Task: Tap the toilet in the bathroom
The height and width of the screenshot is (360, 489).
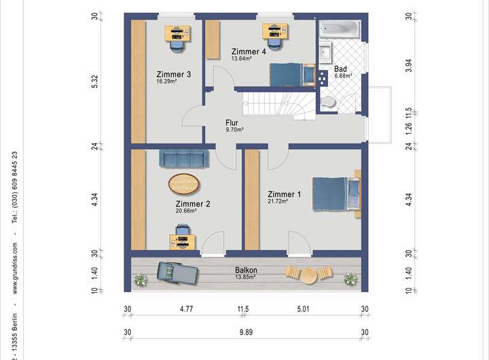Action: click(328, 102)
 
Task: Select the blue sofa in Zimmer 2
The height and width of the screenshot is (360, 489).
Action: click(184, 159)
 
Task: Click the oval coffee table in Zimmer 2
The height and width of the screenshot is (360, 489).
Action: click(183, 184)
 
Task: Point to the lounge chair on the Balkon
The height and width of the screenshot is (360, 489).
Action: click(177, 273)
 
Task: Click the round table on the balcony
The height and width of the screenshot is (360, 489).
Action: click(309, 276)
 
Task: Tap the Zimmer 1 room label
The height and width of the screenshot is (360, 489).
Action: click(284, 194)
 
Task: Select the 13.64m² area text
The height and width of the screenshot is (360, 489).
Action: click(241, 58)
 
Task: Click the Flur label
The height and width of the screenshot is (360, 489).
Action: click(232, 122)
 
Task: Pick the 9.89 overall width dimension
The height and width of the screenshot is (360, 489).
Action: click(246, 332)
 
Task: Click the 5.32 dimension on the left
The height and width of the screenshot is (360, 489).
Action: click(95, 82)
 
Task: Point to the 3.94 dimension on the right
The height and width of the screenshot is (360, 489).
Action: click(409, 66)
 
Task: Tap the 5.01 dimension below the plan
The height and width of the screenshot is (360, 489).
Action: click(303, 309)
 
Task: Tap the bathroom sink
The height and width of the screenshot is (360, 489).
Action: click(325, 52)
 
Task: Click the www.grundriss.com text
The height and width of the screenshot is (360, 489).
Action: click(15, 268)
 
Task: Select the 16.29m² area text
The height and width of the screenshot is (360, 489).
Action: click(166, 81)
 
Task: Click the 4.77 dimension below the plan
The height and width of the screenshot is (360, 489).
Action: click(187, 309)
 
